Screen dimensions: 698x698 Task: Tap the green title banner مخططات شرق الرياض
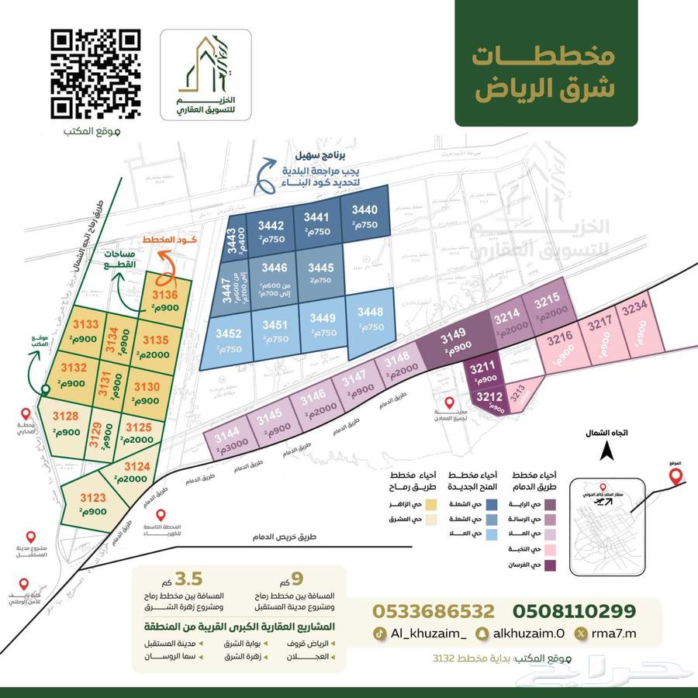546,73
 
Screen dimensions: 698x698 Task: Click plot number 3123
93,503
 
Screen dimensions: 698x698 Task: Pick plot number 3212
489,400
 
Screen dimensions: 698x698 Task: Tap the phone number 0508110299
574,610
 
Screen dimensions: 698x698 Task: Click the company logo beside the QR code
206,75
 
